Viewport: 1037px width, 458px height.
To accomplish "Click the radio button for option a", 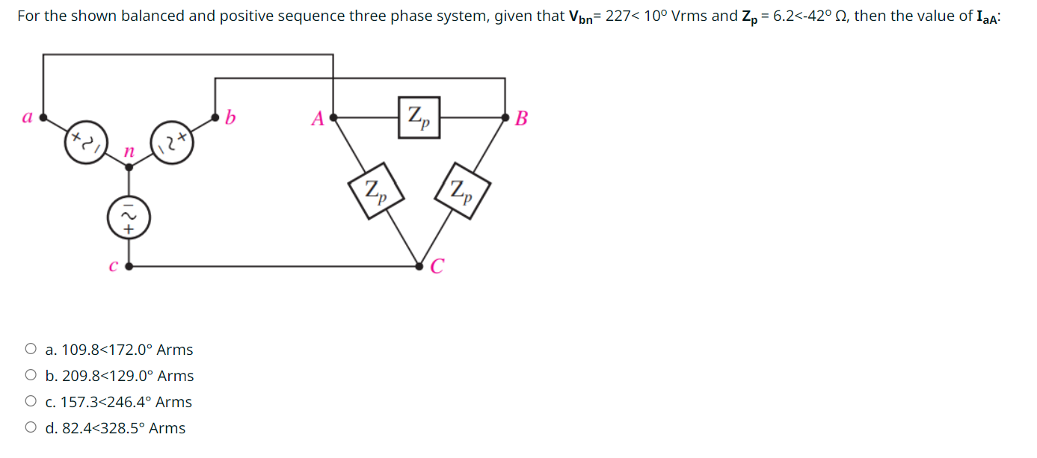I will pos(31,349).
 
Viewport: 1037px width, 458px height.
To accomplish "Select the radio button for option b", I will pos(31,375).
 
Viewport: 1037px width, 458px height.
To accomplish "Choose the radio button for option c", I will pos(31,401).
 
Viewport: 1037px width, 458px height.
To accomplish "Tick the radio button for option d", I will pos(31,427).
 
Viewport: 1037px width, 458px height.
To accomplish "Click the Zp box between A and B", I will pos(418,117).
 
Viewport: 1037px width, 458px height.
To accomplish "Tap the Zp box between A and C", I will pos(377,191).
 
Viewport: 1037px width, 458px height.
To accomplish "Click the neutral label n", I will pos(129,152).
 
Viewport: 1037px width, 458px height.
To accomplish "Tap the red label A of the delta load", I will pos(318,118).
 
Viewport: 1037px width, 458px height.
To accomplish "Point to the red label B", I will pos(522,118).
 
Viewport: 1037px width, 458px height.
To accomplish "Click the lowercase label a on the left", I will pos(27,117).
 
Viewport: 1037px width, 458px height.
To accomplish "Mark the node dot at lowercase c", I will pos(129,265).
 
